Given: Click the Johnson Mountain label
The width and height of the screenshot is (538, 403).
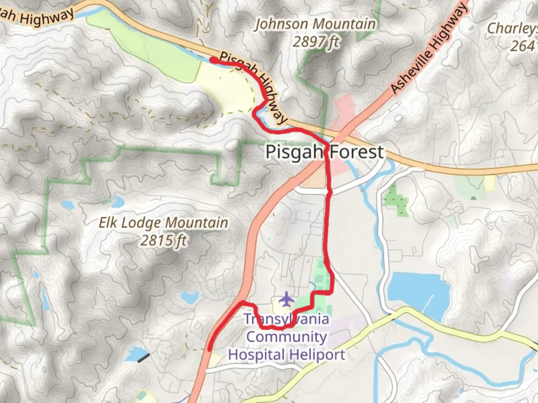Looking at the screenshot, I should click(315, 24).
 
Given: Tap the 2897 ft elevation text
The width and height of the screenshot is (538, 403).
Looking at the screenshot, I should click(316, 42).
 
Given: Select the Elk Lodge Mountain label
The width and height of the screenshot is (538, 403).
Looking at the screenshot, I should click(163, 223).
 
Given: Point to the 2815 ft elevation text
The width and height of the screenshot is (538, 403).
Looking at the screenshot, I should click(163, 240).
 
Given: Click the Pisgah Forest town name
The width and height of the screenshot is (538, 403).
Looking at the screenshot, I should click(324, 152).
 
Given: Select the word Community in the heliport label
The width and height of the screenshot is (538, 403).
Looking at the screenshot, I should click(287, 337).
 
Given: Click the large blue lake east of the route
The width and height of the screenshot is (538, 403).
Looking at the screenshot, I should click(415, 291).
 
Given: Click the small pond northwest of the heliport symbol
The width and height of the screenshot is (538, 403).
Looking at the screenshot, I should click(189, 297).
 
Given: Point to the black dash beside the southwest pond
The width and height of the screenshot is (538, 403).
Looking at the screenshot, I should click(143, 357).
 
